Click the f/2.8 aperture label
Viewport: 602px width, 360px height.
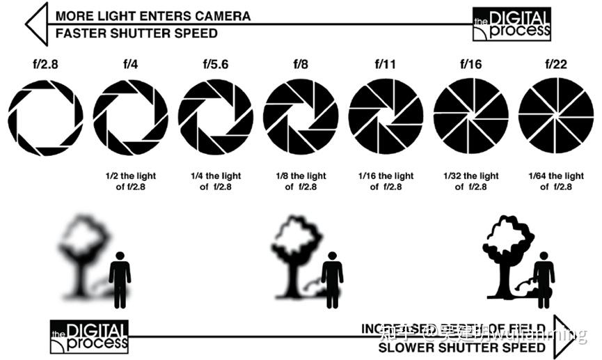45,65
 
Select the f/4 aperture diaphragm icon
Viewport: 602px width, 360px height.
130,116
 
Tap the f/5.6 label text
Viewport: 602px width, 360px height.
216,65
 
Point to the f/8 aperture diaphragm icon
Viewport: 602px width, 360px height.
301,116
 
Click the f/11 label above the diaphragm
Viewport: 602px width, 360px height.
386,65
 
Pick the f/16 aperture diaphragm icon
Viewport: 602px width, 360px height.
470,116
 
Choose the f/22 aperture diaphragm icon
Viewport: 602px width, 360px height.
555,116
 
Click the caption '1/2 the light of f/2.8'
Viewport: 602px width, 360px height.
130,181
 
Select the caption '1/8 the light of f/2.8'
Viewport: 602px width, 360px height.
301,181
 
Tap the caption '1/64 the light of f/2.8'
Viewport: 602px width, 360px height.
555,181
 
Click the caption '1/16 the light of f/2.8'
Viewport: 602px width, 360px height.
386,181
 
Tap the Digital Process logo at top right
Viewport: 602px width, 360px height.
512,24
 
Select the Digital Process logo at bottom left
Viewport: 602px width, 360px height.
89,337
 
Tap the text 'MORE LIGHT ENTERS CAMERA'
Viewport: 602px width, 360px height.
153,15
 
